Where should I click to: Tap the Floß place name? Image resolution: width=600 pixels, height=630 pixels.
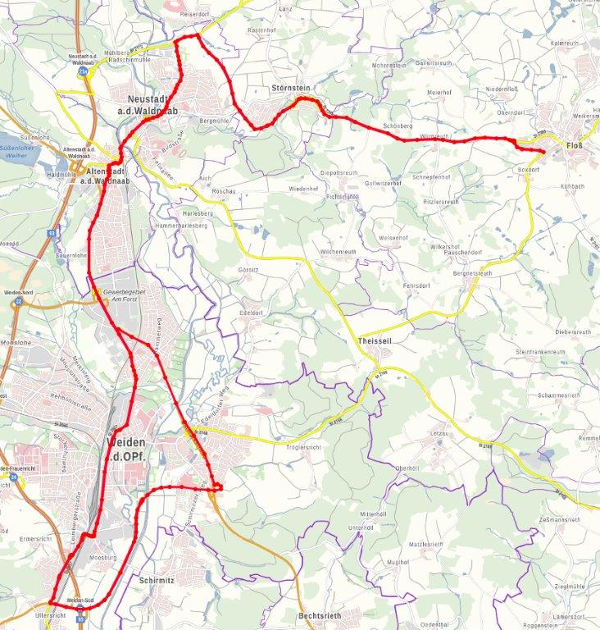coord(575,146)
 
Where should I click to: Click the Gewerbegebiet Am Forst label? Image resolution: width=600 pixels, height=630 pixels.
coord(124,295)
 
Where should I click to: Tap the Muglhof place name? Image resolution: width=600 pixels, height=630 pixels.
coord(397,562)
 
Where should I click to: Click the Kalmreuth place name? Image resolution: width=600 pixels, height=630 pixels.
coord(566,43)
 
